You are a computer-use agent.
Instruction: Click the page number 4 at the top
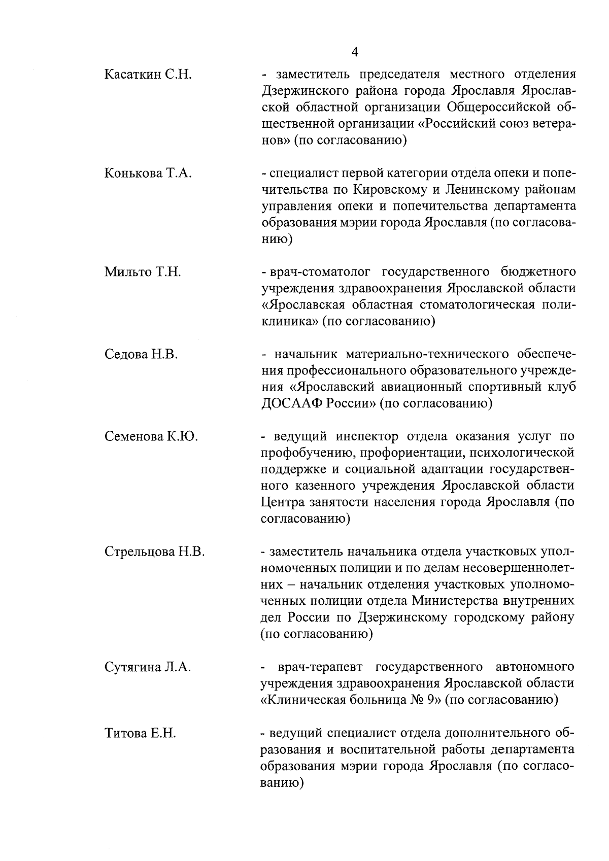[x=355, y=52]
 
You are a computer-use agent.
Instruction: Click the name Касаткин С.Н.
[x=148, y=75]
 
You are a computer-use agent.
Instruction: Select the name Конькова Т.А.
[x=148, y=174]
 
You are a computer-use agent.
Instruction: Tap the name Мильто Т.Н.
[x=143, y=272]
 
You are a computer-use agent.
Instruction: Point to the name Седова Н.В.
[x=141, y=354]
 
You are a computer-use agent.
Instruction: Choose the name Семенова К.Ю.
[x=151, y=436]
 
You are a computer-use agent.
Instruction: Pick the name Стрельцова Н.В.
[x=154, y=552]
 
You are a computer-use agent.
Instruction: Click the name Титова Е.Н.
[x=140, y=733]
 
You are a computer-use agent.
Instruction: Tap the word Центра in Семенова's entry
[x=282, y=502]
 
